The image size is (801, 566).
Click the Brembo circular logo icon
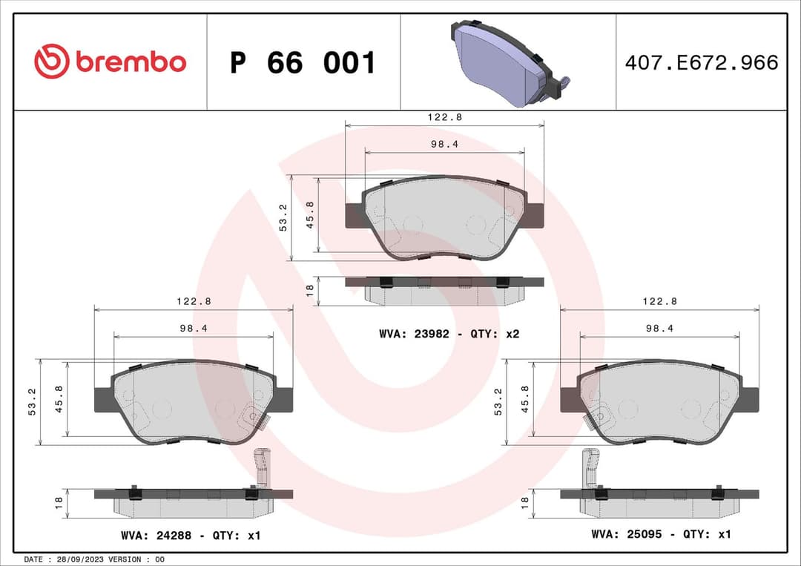[51, 62]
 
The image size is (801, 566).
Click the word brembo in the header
[130, 62]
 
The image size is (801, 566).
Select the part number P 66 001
[303, 63]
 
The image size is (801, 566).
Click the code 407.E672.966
[701, 63]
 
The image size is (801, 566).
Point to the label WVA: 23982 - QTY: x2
[449, 334]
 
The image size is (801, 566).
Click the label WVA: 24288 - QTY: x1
[190, 535]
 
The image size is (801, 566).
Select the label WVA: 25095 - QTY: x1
[661, 533]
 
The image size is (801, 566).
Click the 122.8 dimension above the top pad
[444, 117]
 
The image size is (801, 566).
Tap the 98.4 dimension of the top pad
[444, 145]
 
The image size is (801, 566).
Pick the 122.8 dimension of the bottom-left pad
[193, 301]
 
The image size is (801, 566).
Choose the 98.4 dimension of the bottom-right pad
[659, 329]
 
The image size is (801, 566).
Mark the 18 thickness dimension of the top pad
[310, 290]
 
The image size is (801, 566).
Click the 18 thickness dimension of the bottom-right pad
[525, 502]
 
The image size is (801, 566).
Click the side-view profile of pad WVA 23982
[444, 290]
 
